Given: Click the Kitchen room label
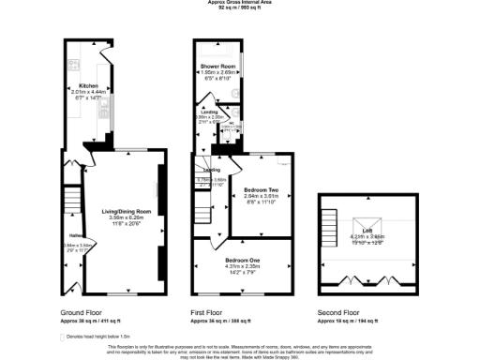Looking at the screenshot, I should pyautogui.click(x=88, y=85).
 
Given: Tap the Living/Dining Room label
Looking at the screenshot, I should pyautogui.click(x=125, y=212).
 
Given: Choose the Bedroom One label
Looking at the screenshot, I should pyautogui.click(x=241, y=260).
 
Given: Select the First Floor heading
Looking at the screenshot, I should pyautogui.click(x=208, y=312).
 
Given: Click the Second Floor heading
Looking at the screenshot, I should pyautogui.click(x=339, y=312).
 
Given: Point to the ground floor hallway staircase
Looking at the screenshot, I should pyautogui.click(x=70, y=200).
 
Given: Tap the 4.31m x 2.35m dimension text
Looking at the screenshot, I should pyautogui.click(x=241, y=266).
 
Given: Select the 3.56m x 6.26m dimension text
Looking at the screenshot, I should pyautogui.click(x=125, y=218).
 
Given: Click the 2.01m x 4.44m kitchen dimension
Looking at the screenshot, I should pyautogui.click(x=88, y=91).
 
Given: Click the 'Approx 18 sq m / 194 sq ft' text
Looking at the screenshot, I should pyautogui.click(x=350, y=321).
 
